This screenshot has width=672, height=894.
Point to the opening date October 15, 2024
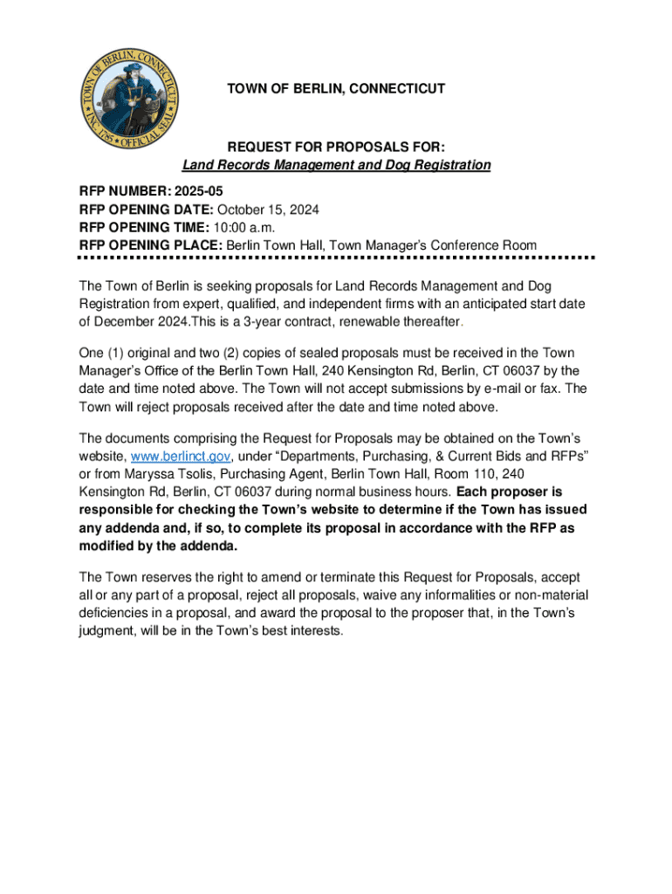268,209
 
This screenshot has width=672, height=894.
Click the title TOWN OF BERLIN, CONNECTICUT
336,89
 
